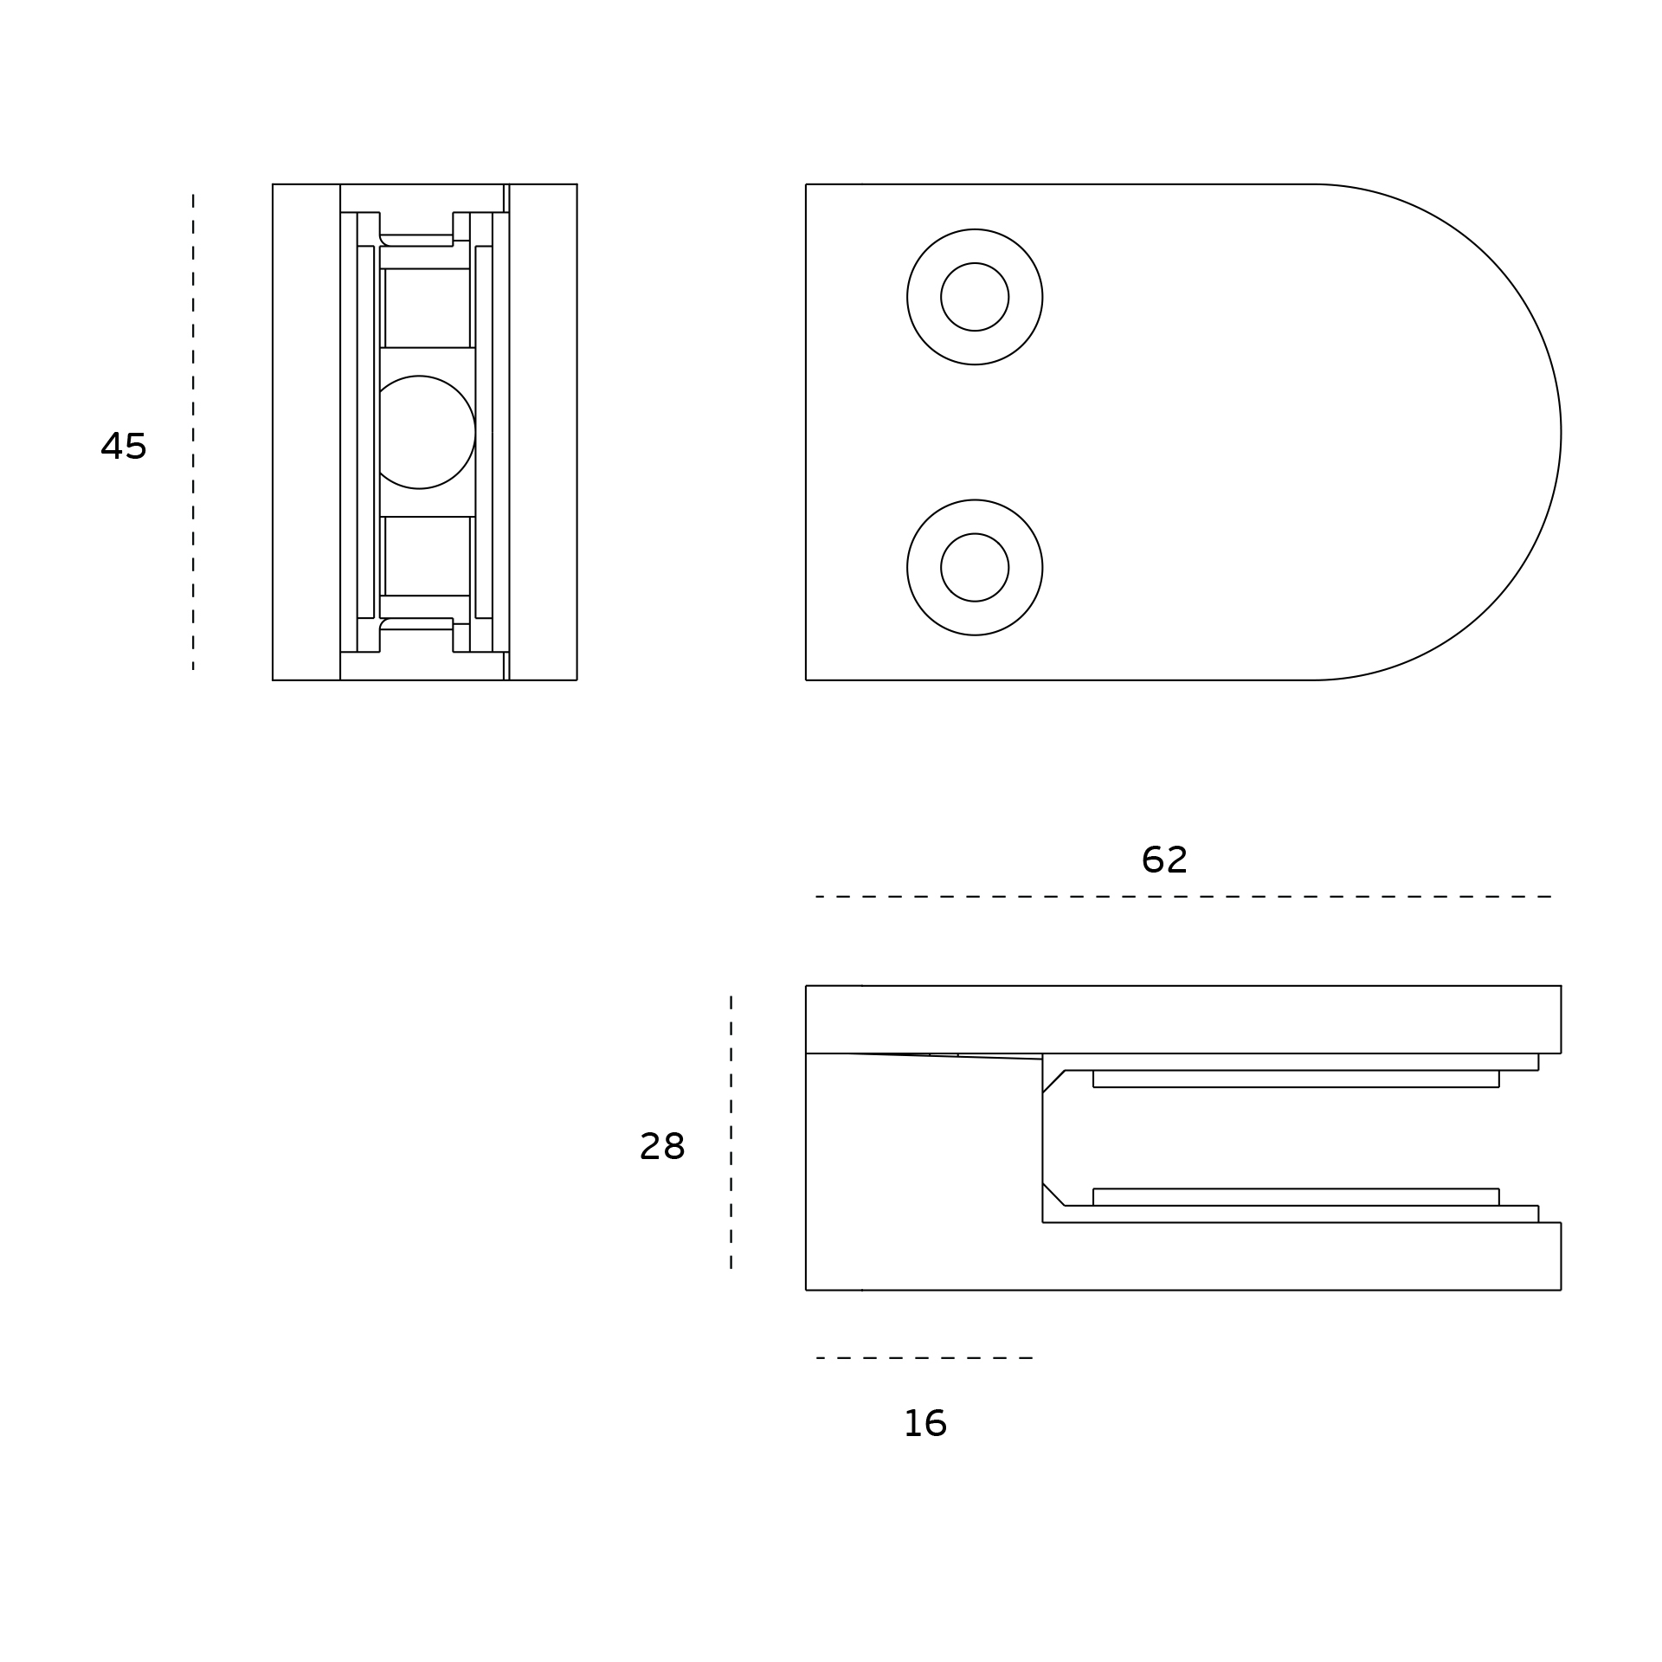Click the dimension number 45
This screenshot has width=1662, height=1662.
click(124, 446)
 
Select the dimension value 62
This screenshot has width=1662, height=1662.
click(1164, 860)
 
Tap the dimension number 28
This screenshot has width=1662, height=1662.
click(662, 1147)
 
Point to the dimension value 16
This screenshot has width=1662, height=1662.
click(925, 1424)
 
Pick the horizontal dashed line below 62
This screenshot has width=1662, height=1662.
click(1183, 897)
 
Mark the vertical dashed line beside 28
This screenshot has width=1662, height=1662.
click(731, 1133)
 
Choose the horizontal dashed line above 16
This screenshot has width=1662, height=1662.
click(924, 1358)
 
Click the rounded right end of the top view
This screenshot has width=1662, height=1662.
click(1561, 432)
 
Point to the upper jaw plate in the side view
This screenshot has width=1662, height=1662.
click(1183, 1020)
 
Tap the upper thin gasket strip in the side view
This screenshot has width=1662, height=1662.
click(1296, 1079)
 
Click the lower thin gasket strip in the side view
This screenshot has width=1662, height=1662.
click(1296, 1197)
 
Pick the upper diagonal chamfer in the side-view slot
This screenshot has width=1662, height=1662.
click(1053, 1082)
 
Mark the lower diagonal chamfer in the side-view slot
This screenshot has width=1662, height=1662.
click(1053, 1194)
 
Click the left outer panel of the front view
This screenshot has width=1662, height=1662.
click(306, 432)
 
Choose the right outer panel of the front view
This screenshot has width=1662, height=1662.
click(543, 432)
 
